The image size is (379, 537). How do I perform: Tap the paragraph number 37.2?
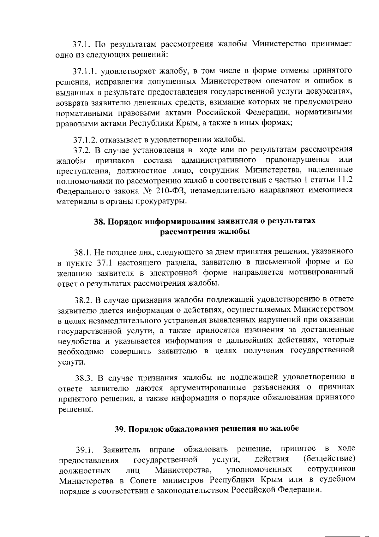81,149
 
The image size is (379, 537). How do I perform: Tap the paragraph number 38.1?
82,252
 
